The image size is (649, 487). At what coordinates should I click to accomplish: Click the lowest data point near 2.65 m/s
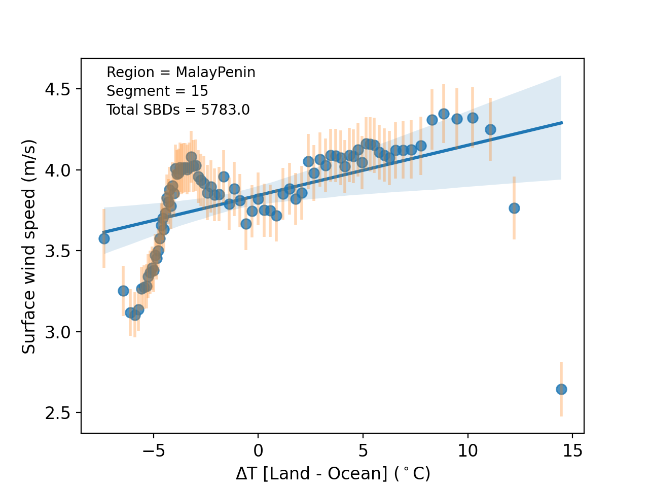pos(561,389)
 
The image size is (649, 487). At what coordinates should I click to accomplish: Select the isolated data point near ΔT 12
pos(514,208)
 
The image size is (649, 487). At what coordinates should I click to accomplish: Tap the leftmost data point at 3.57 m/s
pos(104,238)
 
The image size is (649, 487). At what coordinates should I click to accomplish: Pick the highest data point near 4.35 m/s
pos(444,114)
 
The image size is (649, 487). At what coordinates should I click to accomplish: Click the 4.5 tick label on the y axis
pos(57,89)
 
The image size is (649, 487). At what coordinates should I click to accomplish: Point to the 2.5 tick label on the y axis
pos(57,413)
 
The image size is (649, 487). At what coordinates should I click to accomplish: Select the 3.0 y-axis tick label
pos(57,332)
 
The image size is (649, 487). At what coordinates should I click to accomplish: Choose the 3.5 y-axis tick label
pos(57,251)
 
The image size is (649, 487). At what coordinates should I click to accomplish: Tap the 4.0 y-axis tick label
pos(57,170)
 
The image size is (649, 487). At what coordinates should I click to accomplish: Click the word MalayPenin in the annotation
pos(215,73)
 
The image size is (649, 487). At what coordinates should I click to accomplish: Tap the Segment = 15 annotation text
pos(157,91)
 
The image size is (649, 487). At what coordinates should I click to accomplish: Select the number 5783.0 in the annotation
pos(225,110)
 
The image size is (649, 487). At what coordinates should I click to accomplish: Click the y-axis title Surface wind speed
pos(29,246)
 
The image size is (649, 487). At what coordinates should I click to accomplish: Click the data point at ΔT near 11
pos(490,129)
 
